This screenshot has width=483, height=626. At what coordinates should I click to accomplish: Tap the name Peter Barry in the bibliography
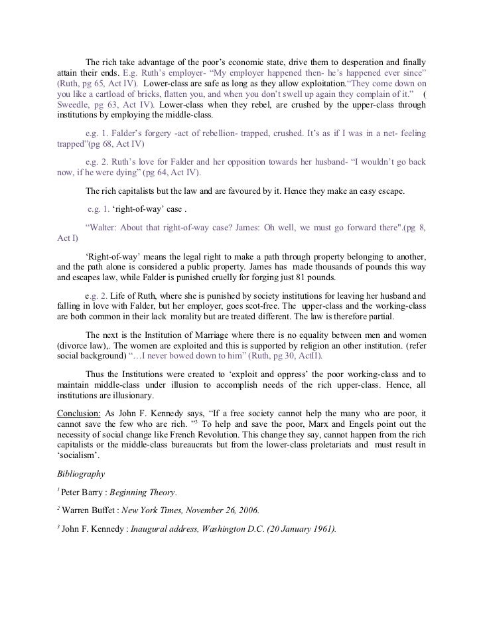(85, 492)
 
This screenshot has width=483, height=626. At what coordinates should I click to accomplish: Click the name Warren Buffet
(90, 510)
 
